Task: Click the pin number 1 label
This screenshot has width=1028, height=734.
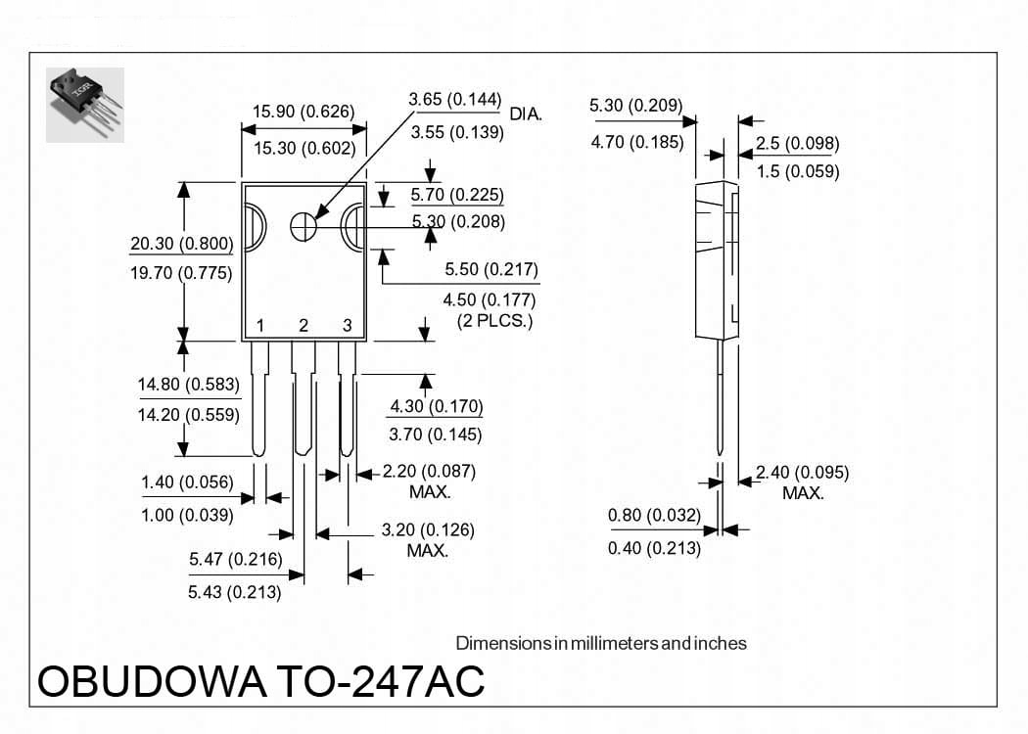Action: coord(260,326)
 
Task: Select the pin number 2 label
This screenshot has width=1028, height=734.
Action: coord(304,326)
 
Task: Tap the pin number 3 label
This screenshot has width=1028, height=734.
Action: coord(347,326)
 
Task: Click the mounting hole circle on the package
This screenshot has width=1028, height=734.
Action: coord(304,225)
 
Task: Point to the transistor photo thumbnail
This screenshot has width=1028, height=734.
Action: coord(85,104)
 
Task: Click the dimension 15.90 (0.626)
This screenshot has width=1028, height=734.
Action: coord(304,112)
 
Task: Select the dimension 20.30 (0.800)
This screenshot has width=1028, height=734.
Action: coord(181,245)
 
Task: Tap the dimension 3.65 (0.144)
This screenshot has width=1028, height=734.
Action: coord(455,100)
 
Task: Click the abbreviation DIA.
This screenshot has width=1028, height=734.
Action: coord(526,115)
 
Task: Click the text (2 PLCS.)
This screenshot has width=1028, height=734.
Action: coord(495,322)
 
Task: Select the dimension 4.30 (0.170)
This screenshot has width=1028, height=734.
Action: coord(437,406)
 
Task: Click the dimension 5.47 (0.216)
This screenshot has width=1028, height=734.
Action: coord(235,560)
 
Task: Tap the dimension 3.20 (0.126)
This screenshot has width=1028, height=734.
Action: coord(428,530)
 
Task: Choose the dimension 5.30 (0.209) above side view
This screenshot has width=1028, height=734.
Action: coord(636,106)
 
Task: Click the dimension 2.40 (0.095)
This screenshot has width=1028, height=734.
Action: coord(803,473)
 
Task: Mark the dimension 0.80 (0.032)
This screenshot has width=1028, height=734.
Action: coord(654,515)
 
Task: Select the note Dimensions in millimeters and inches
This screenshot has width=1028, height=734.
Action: coord(601,643)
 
